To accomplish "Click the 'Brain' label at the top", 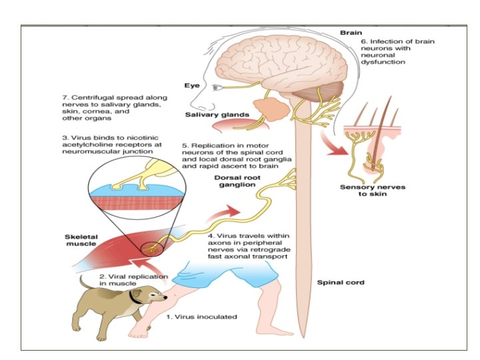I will click(351, 31).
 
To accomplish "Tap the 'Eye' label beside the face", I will click(191, 85).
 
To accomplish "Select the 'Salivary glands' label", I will click(217, 115).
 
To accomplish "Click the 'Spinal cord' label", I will click(340, 283).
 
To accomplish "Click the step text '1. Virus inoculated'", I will click(201, 316).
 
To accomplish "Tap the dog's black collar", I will click(135, 299).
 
